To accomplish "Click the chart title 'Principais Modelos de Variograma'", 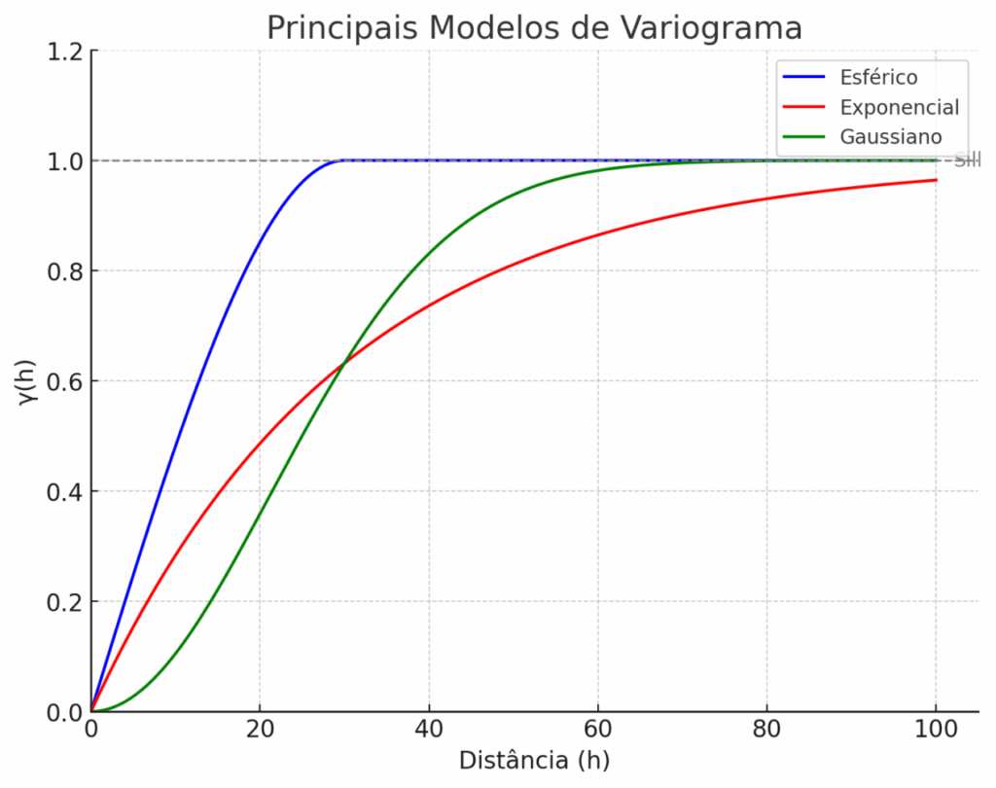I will pos(534,27).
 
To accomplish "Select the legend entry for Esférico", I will pos(878,77).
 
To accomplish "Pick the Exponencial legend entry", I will pos(899,107).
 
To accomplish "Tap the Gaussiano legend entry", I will pos(891,136).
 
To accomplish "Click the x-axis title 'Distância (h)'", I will pos(534,760).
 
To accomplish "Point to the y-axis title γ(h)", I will pos(28,380).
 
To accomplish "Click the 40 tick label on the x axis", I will pos(429,730).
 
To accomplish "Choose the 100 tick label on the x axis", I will pos(936,730).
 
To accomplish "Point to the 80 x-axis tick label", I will pos(766,730).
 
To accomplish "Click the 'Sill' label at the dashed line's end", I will pos(967,161).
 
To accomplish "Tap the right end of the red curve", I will pos(936,180).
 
